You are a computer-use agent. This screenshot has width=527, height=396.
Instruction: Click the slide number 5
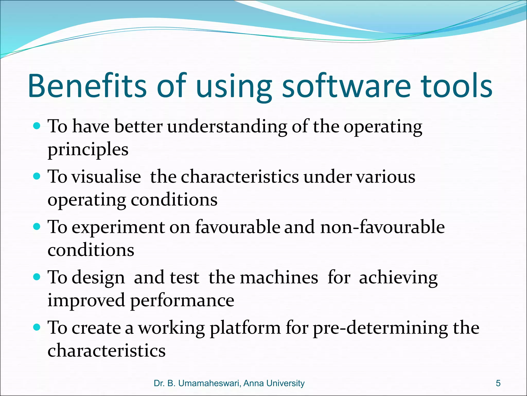click(x=498, y=383)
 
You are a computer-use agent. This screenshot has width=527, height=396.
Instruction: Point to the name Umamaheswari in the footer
click(x=208, y=383)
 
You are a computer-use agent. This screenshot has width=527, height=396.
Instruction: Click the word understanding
click(x=227, y=127)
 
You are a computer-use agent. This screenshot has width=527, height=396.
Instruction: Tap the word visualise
click(x=106, y=177)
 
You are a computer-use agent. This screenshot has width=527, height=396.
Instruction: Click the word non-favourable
click(x=382, y=227)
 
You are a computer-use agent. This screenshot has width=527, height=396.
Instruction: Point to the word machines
click(x=279, y=278)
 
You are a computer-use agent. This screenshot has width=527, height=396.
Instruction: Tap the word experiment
click(x=118, y=228)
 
